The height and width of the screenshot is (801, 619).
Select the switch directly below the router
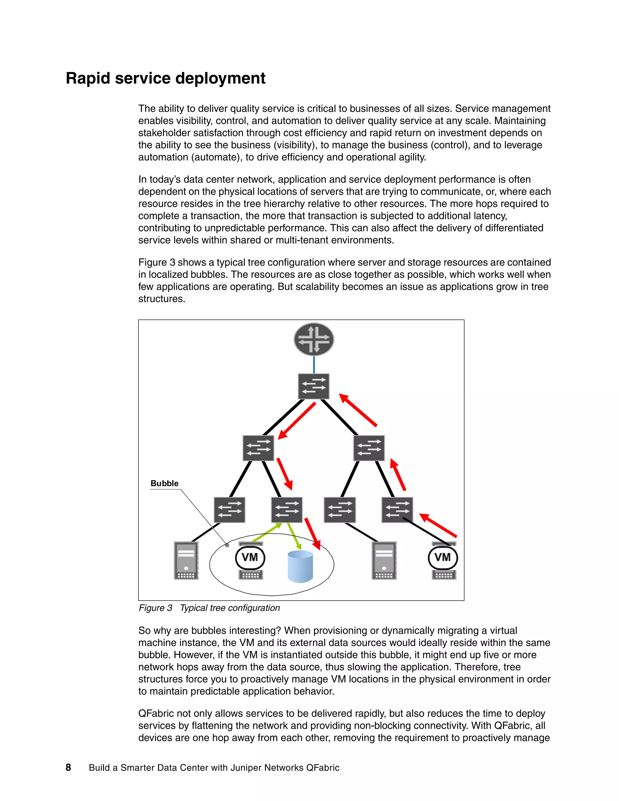coord(313,386)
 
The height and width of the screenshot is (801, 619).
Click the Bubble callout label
coord(164,483)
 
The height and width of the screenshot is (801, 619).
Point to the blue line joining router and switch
coord(314,365)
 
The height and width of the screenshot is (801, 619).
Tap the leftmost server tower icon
coord(186,560)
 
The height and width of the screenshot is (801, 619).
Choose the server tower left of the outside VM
coord(384,560)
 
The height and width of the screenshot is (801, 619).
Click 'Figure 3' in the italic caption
coord(155,608)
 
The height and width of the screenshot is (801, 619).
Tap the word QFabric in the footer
coord(323,768)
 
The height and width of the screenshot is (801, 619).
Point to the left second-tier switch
coord(258,448)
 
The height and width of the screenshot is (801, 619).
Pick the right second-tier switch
coord(369,448)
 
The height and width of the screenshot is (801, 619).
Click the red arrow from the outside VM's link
coord(438,526)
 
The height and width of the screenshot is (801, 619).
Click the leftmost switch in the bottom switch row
coord(230,510)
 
